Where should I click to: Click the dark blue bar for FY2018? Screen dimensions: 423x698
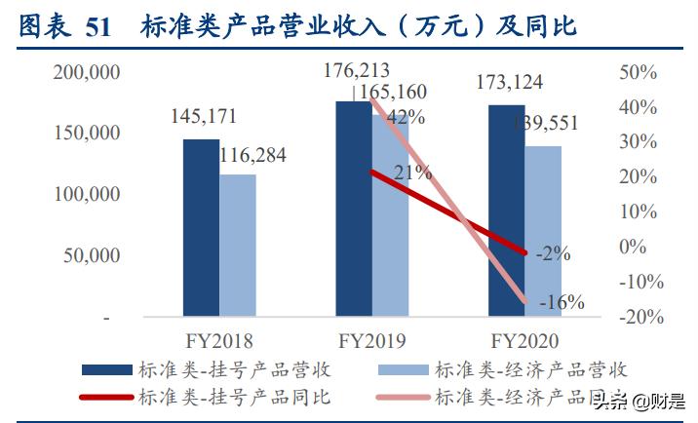[x=202, y=228]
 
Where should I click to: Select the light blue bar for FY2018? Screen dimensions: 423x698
[x=238, y=246]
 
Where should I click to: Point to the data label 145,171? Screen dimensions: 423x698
[x=203, y=117]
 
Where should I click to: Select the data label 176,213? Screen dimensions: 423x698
[x=357, y=70]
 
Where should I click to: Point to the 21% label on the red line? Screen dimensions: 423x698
[x=412, y=173]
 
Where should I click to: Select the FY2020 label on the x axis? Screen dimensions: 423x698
[x=524, y=342]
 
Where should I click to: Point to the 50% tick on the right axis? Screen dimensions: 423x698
[x=640, y=72]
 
